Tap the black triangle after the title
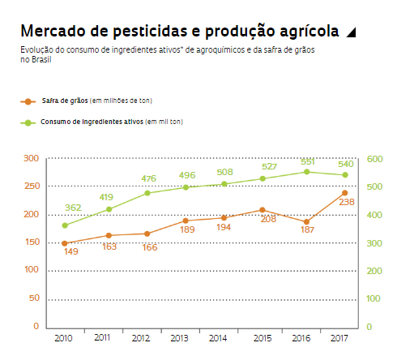[x=350, y=32]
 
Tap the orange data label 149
[x=70, y=251]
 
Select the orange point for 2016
[x=306, y=221]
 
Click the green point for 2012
[x=147, y=193]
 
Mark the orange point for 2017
[x=345, y=193]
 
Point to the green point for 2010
[x=65, y=225]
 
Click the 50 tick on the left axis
[x=33, y=298]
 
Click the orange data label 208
[x=268, y=219]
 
